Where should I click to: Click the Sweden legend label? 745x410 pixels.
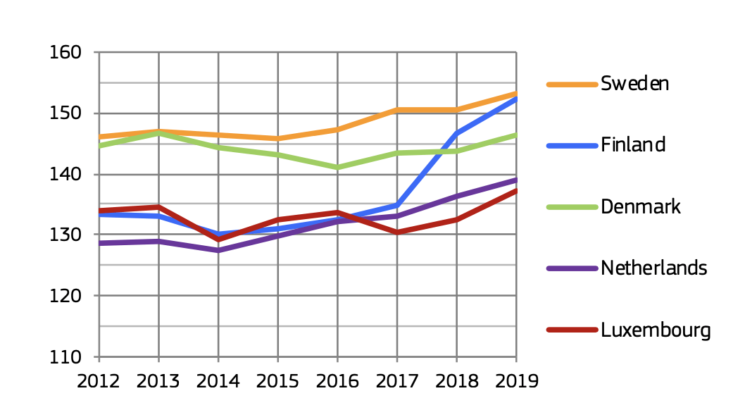pos(634,84)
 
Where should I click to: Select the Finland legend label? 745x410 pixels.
pos(632,145)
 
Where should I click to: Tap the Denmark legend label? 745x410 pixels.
pos(641,207)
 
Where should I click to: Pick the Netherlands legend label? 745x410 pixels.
pos(653,268)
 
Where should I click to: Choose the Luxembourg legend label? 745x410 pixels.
pos(656,330)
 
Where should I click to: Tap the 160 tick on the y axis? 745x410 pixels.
pos(65,53)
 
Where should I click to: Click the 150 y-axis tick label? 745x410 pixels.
pos(65,113)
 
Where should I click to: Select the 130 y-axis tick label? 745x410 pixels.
pos(65,235)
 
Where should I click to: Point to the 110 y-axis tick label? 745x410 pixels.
pos(65,356)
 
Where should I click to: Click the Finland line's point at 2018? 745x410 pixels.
pos(457,133)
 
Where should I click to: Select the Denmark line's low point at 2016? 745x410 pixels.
pos(338,168)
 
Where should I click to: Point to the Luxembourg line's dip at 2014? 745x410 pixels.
pos(218,240)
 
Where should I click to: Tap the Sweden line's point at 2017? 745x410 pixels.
pos(397,110)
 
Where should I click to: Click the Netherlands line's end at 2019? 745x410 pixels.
pos(516,180)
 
